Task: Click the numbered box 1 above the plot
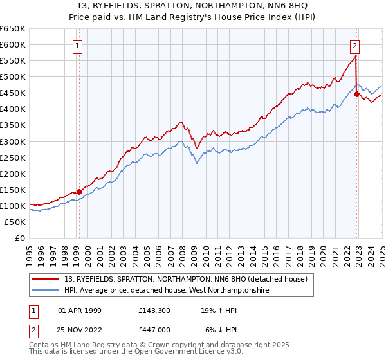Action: (78, 46)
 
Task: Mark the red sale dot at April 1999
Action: (79, 192)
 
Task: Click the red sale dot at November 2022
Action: (357, 94)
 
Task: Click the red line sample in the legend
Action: (46, 279)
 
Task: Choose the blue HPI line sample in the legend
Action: (46, 291)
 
